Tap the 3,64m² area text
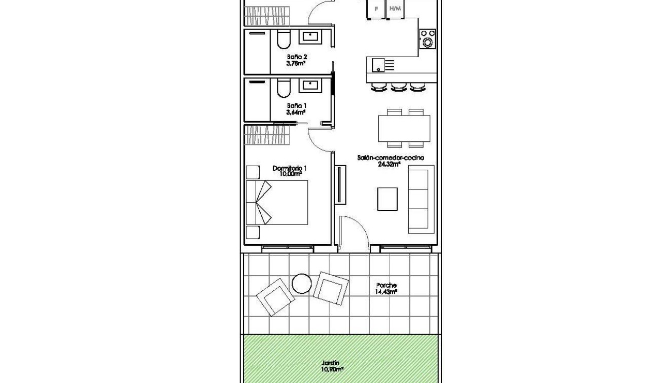tap(296, 112)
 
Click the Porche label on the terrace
tap(386, 285)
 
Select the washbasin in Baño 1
tap(310, 85)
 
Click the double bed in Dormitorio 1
tap(277, 203)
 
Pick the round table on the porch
tap(302, 283)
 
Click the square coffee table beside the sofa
tap(387, 199)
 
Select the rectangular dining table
tap(404, 129)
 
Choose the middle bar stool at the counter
tap(397, 88)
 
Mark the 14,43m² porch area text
tap(386, 292)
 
